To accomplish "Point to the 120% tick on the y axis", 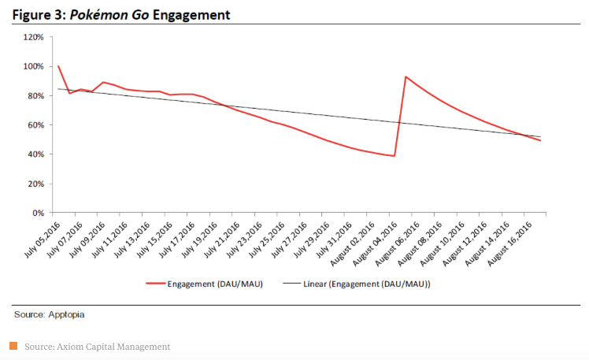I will [x=32, y=37].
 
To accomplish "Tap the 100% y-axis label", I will [x=32, y=66].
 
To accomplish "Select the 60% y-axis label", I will [x=34, y=125].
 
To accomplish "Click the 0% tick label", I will [x=37, y=213].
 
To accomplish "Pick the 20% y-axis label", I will [x=34, y=184].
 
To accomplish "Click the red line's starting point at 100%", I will [x=58, y=66].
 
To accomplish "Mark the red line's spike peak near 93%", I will [x=405, y=76].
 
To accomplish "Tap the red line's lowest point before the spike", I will [x=394, y=156].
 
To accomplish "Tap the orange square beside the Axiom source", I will [x=13, y=346].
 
